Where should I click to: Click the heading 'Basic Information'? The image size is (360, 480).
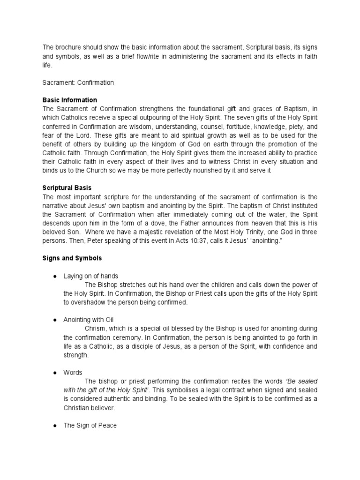70,100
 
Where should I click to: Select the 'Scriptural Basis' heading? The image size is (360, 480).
67,187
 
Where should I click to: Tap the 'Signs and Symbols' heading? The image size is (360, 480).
72,258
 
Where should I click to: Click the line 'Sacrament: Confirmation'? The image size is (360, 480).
78,82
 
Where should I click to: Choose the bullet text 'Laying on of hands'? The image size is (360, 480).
91,276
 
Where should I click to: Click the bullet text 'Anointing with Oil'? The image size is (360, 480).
89,320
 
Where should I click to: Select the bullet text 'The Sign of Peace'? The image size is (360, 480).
90,426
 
